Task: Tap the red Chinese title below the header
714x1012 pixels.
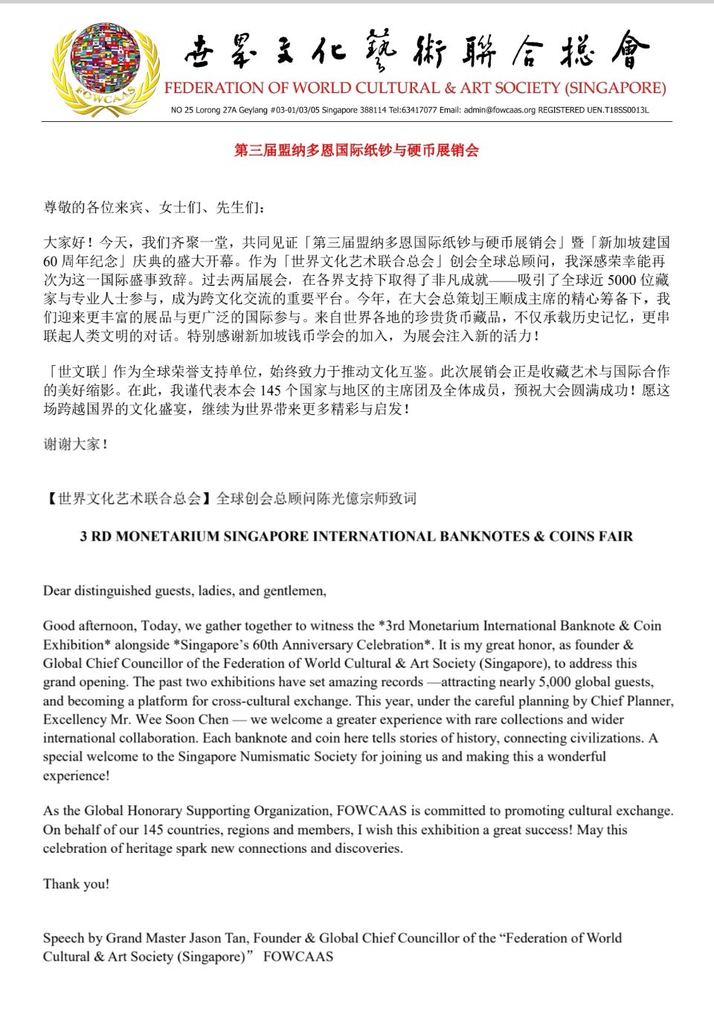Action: pos(356,150)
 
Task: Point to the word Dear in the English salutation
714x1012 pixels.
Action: pos(57,591)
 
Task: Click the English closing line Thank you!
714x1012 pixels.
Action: pos(76,883)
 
